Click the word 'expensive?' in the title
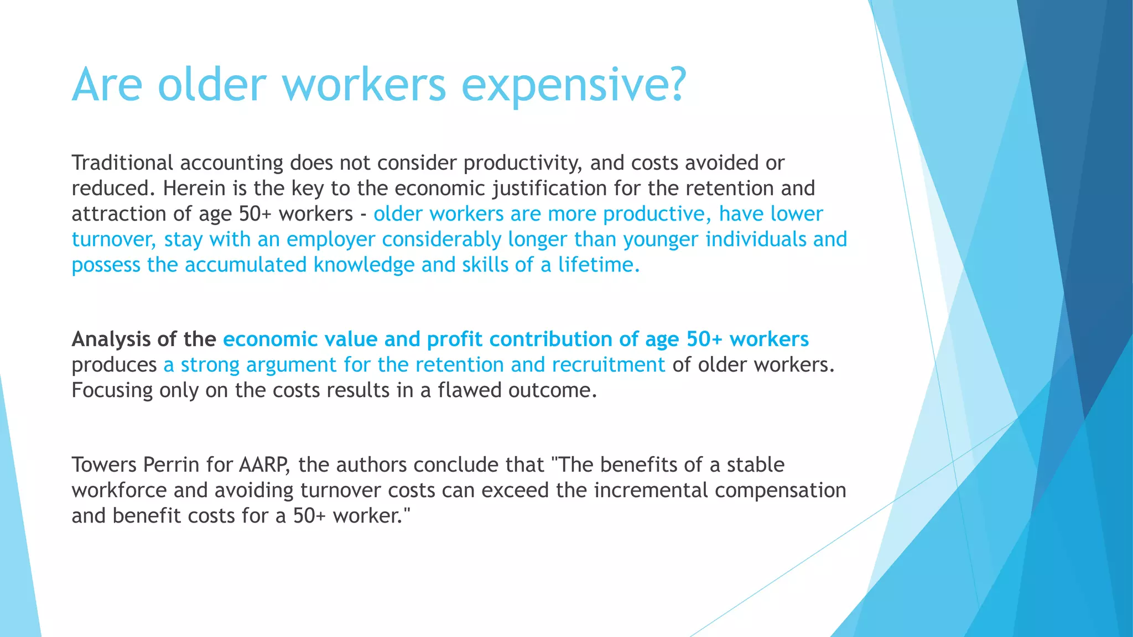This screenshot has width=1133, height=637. click(x=574, y=86)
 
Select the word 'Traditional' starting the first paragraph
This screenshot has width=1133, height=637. click(x=123, y=163)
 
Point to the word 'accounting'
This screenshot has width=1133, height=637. click(x=232, y=163)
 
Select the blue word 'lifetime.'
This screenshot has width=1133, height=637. click(x=598, y=265)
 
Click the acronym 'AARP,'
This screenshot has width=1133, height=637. click(x=264, y=465)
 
